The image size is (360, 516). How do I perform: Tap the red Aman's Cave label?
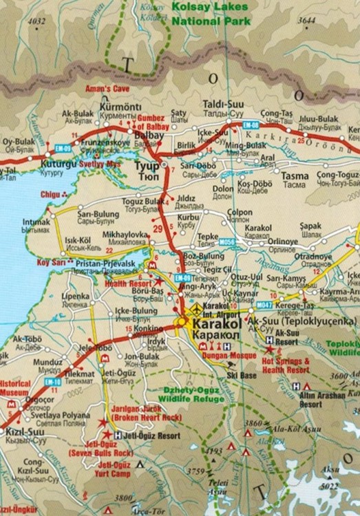pos(106,89)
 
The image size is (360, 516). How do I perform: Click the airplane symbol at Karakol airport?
pos(199,310)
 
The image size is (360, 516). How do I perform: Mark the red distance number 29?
pos(158,228)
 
